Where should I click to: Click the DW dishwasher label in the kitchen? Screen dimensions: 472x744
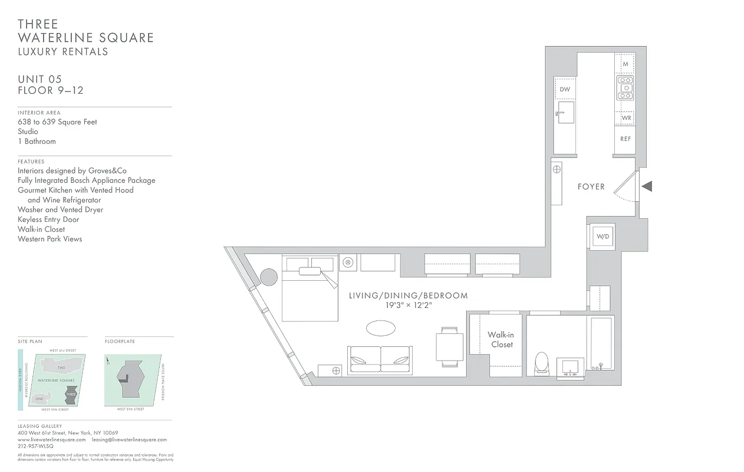[565, 89]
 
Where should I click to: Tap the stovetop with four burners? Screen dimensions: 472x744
[625, 87]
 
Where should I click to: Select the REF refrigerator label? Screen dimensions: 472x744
[625, 139]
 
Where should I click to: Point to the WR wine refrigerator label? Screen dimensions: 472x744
[626, 118]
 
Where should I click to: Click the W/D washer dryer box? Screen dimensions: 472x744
[603, 237]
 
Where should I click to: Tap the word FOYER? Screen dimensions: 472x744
[591, 186]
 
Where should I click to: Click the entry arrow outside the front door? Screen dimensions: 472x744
[647, 187]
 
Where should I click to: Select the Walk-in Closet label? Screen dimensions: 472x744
[501, 340]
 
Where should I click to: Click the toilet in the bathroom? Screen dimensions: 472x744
[541, 363]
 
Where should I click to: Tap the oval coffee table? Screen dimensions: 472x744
[381, 327]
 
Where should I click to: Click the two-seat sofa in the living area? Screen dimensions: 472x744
[380, 359]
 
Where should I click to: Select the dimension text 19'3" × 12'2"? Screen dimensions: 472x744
[408, 306]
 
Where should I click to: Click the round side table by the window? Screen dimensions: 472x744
[269, 277]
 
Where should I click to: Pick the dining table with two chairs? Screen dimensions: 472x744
[449, 347]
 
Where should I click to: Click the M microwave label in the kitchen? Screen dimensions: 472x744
[625, 64]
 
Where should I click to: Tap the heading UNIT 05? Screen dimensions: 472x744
[39, 79]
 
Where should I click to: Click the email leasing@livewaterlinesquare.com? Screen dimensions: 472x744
[129, 440]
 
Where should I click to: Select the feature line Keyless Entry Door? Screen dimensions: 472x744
[48, 219]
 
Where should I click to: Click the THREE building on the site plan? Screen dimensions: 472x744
[71, 394]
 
